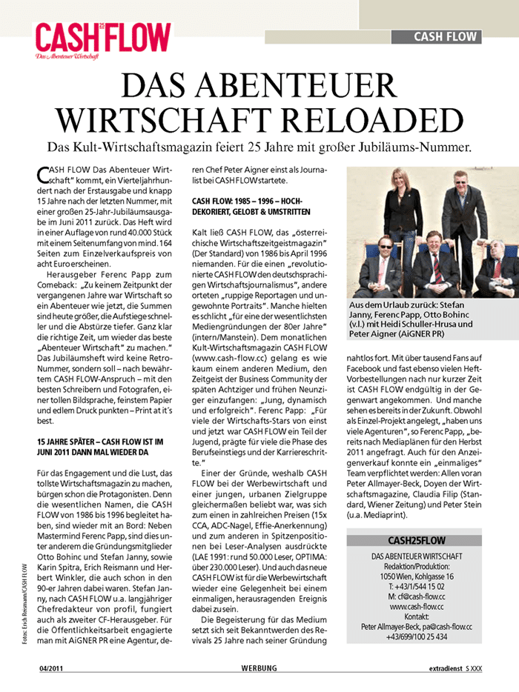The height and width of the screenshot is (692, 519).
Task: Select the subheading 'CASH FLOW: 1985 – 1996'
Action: (246, 201)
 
